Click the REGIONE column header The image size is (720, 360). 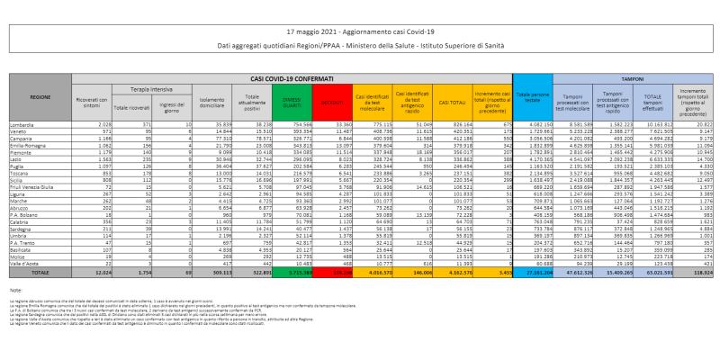click(x=40, y=95)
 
